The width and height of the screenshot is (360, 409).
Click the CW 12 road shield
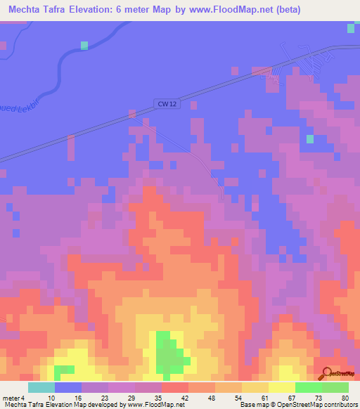(165, 104)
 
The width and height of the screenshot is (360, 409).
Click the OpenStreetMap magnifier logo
(327, 374)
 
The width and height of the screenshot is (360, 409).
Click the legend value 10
(51, 397)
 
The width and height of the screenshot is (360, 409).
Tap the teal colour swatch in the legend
(41, 387)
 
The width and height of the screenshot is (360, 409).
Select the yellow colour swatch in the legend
(282, 387)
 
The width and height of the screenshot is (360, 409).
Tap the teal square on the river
(84, 45)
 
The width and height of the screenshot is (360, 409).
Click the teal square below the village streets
(309, 138)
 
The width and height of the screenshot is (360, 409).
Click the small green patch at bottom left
(64, 369)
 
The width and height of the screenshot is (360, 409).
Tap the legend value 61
(265, 397)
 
